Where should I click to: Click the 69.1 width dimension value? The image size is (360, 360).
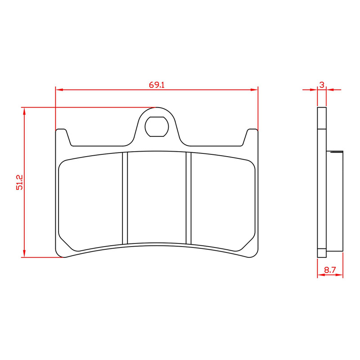157,85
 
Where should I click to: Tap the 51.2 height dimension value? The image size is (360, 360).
19,182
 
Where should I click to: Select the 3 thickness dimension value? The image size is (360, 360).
322,85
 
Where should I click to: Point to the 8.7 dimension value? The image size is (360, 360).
330,270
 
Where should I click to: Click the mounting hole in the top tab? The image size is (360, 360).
157,126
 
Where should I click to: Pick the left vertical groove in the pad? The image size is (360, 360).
125,198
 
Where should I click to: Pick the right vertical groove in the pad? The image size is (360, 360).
189,198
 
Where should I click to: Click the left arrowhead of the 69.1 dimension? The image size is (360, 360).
59,90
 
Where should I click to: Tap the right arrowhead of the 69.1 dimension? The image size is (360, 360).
254,90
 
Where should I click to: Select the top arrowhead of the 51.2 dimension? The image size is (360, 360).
24,111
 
